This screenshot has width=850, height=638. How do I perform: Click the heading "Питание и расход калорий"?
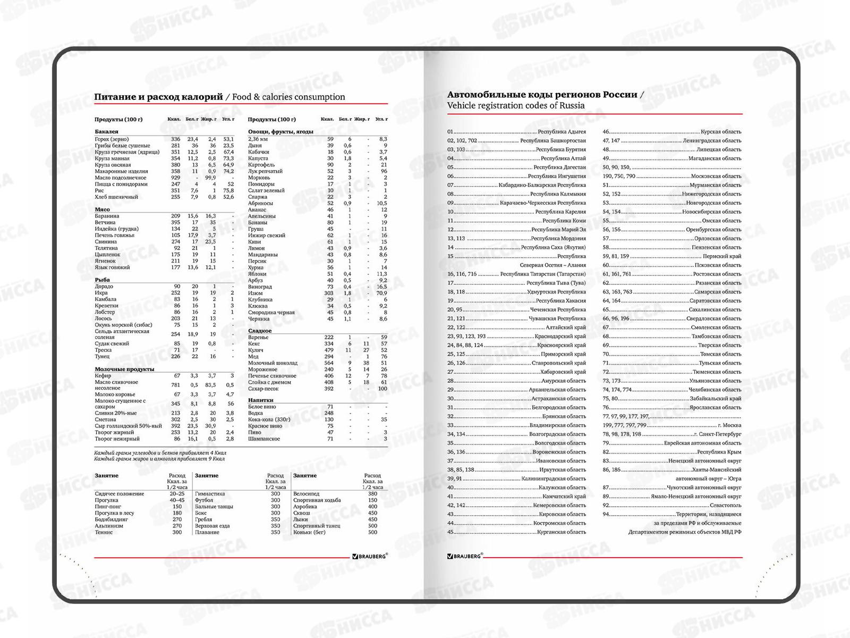pos(158,97)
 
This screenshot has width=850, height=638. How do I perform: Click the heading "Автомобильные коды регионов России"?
pos(542,95)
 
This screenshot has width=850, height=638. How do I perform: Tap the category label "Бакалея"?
pos(106,131)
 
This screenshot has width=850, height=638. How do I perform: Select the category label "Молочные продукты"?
pos(124,369)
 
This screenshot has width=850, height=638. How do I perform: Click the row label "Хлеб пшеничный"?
pos(116,197)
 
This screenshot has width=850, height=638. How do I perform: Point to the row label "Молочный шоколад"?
pos(273,363)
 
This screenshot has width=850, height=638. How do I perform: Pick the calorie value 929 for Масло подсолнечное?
pos(175,178)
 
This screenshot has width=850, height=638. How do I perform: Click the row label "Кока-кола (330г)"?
pos(269,419)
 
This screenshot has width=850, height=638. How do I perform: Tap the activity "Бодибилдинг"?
pos(111,519)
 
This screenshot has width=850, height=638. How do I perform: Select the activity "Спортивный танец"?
pos(317,526)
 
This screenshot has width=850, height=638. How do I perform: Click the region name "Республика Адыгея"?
pos(562,132)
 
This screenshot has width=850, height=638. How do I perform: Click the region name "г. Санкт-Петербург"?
pos(717,434)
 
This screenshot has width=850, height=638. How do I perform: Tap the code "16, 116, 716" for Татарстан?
pos(462,274)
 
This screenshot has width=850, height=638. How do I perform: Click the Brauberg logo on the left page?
pos(370,556)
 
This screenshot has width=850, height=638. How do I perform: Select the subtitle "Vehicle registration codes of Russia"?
pos(515,105)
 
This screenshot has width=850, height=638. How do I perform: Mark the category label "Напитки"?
pos(260,400)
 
